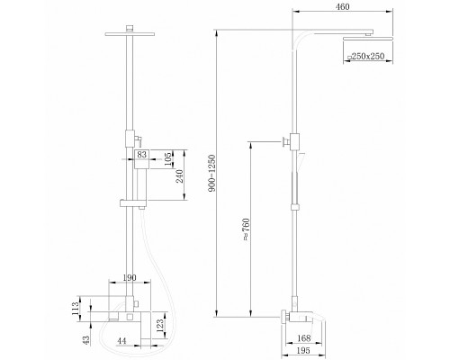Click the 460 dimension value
[x=342, y=6]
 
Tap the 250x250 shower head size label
[x=365, y=56]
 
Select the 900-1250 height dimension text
[x=211, y=173]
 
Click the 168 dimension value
[x=303, y=338]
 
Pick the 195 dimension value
[x=303, y=350]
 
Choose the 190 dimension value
[x=130, y=277]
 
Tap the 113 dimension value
[x=76, y=308]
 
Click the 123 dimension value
[x=160, y=326]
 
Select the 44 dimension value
[x=121, y=341]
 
